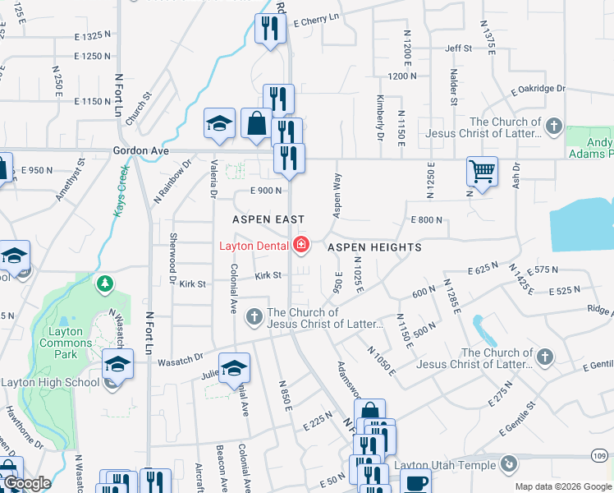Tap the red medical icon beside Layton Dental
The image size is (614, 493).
point(301,245)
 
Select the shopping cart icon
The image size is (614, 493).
point(482,172)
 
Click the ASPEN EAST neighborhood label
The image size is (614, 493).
point(268,220)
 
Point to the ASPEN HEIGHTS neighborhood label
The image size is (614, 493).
point(374,247)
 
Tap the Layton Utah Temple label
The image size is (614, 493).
point(445,465)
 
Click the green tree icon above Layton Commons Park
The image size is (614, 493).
point(104,284)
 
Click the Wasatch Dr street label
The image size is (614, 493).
point(180,359)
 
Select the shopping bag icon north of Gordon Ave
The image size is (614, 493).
point(256,123)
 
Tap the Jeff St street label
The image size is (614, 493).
point(459,48)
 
